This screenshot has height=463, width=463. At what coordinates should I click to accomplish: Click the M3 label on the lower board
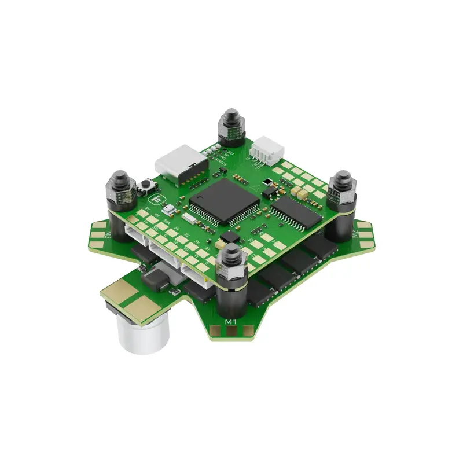coord(108,235)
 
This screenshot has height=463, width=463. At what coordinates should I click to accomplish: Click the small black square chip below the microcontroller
coord(230,237)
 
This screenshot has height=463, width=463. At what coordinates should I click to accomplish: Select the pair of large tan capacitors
coord(300,190)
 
